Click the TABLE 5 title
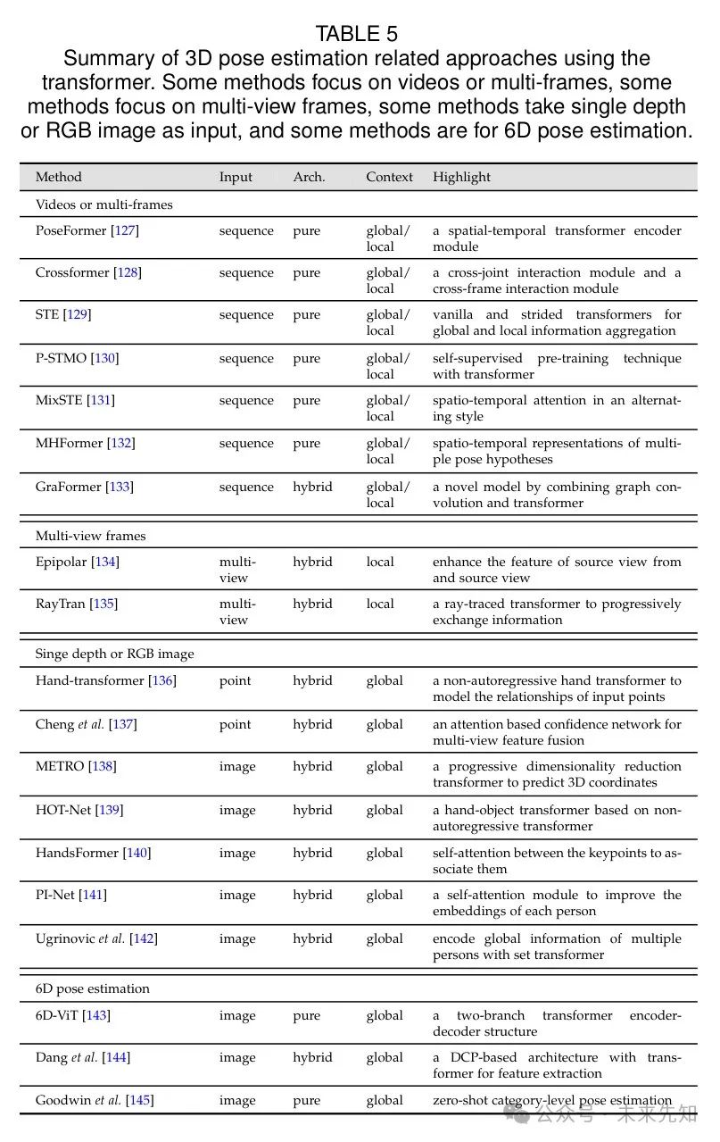(x=356, y=34)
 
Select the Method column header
(x=58, y=177)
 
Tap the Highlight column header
(x=461, y=177)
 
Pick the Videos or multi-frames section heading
(x=103, y=204)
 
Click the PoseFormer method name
(x=71, y=230)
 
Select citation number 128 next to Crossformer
(x=128, y=272)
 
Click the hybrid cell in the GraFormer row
(x=312, y=487)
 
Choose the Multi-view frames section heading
(x=90, y=536)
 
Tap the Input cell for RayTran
(x=236, y=612)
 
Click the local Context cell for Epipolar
(x=379, y=562)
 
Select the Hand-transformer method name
(x=90, y=680)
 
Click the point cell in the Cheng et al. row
(x=235, y=724)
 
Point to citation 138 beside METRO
(x=102, y=766)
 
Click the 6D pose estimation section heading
(x=92, y=988)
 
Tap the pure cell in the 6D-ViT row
(x=306, y=1015)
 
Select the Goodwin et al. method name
(x=79, y=1100)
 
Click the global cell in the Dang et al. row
(x=385, y=1057)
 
